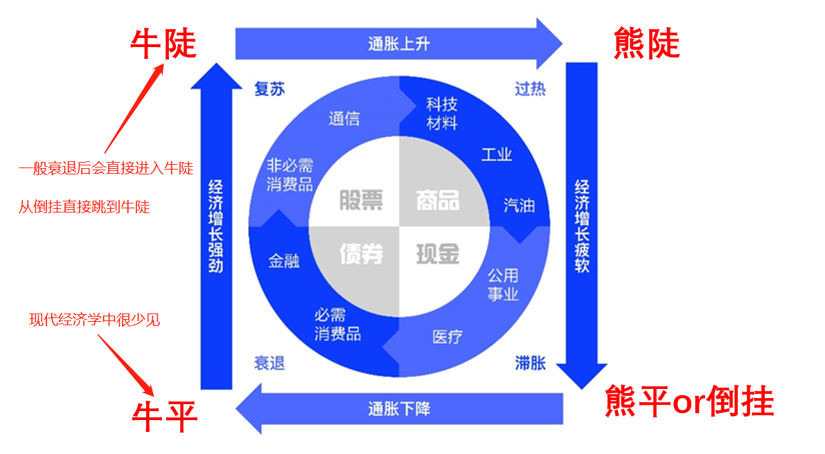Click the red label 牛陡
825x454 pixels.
163,43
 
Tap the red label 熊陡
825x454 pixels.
646,43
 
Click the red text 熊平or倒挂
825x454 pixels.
689,401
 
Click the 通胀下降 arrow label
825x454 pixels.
398,408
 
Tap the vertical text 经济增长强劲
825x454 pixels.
215,226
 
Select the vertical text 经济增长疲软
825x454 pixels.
582,226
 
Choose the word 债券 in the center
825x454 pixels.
361,254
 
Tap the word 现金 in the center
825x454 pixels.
438,254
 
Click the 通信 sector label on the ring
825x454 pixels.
344,118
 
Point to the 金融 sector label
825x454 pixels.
284,261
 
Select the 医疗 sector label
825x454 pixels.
447,337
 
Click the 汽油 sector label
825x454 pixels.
519,205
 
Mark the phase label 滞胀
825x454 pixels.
530,363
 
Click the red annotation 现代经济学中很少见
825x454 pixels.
94,320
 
